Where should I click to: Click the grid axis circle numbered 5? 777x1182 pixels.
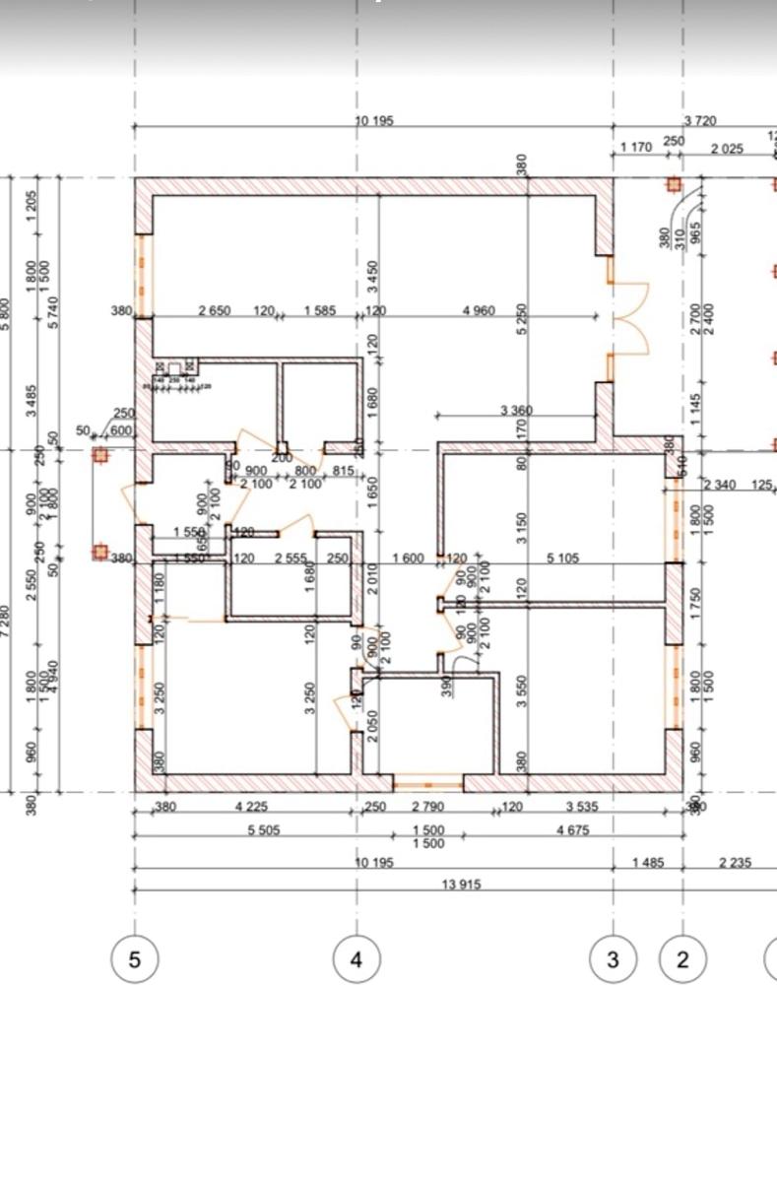135,958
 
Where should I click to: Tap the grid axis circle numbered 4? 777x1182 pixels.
356,958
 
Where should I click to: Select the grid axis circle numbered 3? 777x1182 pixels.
614,958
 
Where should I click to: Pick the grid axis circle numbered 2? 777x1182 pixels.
683,958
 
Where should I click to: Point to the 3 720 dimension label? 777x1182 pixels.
700,121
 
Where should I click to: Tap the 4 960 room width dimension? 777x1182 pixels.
479,311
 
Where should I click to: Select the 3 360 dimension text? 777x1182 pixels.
517,409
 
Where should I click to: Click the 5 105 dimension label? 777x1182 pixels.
563,558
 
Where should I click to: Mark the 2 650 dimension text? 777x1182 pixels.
214,311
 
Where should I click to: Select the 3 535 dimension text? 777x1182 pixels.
580,807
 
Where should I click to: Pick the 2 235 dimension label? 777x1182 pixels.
735,863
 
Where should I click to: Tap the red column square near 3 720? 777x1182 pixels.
674,184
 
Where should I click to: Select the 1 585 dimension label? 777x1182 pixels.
319,311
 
